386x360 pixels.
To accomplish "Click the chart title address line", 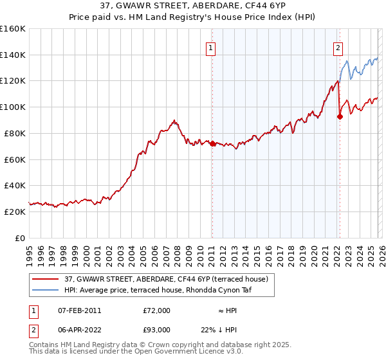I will [x=193, y=7].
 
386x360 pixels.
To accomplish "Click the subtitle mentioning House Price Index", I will [x=193, y=19].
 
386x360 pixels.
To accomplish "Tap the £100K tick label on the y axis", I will [x=13, y=107].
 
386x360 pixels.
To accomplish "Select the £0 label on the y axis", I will [x=21, y=238].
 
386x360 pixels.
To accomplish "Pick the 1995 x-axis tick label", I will [x=30, y=252].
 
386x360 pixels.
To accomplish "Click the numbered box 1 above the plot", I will [x=211, y=47].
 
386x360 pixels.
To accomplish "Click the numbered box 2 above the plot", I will [x=338, y=47].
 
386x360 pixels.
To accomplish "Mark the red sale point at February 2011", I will [x=212, y=143].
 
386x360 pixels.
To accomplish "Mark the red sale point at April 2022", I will [x=339, y=116].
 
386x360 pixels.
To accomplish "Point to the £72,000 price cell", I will [x=156, y=310].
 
